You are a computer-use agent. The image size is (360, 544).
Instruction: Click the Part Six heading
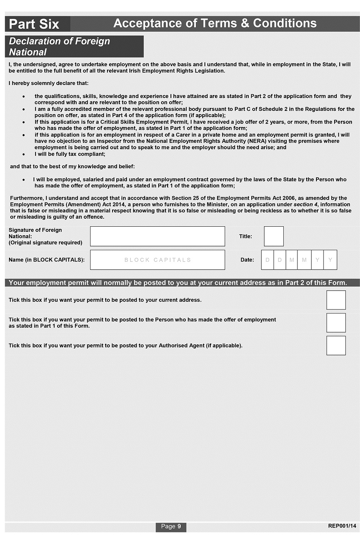(x=34, y=24)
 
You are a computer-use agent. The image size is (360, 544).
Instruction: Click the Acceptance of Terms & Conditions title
(x=215, y=23)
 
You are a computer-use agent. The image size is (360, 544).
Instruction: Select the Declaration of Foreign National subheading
(x=59, y=47)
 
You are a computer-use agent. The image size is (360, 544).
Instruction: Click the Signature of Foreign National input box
(x=157, y=236)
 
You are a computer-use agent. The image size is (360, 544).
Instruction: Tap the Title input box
(x=274, y=236)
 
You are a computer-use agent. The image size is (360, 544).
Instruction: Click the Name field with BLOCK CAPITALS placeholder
(x=157, y=260)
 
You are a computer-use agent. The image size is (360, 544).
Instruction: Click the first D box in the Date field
(x=267, y=260)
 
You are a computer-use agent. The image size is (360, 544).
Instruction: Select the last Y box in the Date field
(x=330, y=260)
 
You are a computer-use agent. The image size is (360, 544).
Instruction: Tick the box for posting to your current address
(x=336, y=300)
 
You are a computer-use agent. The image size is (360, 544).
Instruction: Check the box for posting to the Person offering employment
(x=336, y=323)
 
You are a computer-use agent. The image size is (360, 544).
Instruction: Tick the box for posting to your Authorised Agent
(x=336, y=346)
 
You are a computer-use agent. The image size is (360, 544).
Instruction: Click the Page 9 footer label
(x=171, y=526)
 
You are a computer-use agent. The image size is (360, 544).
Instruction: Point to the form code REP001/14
(x=342, y=526)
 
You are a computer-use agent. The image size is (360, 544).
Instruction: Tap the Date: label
(x=247, y=260)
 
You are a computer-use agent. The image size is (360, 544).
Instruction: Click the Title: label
(x=245, y=236)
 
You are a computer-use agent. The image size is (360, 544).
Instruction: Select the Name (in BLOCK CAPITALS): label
(x=47, y=260)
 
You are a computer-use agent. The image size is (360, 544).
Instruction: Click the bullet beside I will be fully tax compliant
(x=23, y=154)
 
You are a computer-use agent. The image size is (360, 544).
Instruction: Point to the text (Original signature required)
(x=46, y=242)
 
